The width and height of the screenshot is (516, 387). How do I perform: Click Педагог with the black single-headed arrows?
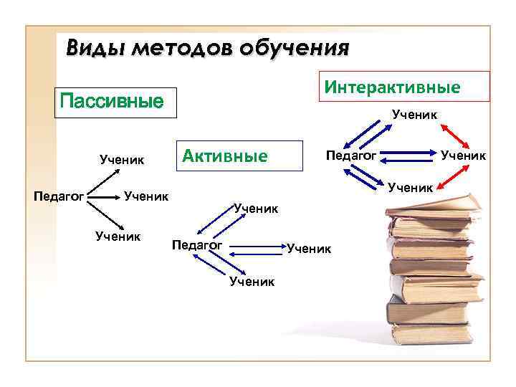[60, 194]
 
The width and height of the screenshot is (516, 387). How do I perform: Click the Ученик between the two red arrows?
[463, 153]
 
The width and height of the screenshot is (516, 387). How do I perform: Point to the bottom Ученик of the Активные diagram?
[252, 282]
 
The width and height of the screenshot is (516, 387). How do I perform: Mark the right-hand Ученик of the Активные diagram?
[309, 249]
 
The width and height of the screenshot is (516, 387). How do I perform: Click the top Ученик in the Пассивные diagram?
[123, 159]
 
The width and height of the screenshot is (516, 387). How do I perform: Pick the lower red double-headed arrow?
[451, 175]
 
